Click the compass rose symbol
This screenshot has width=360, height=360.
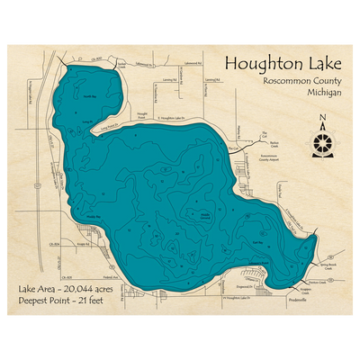322,140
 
